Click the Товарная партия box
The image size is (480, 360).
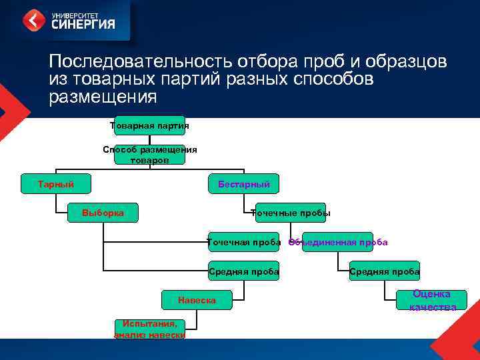149,125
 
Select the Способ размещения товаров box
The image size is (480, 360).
149,155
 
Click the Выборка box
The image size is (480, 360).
103,213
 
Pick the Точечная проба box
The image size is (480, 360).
243,242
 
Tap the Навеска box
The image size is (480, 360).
197,301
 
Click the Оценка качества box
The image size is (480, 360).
431,300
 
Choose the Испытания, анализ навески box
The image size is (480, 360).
149,329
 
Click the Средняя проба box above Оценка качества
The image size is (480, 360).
385,271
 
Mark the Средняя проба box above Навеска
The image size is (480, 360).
243,271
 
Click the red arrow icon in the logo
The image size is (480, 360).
34,20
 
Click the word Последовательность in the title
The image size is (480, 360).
137,62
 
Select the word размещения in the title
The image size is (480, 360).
103,97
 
